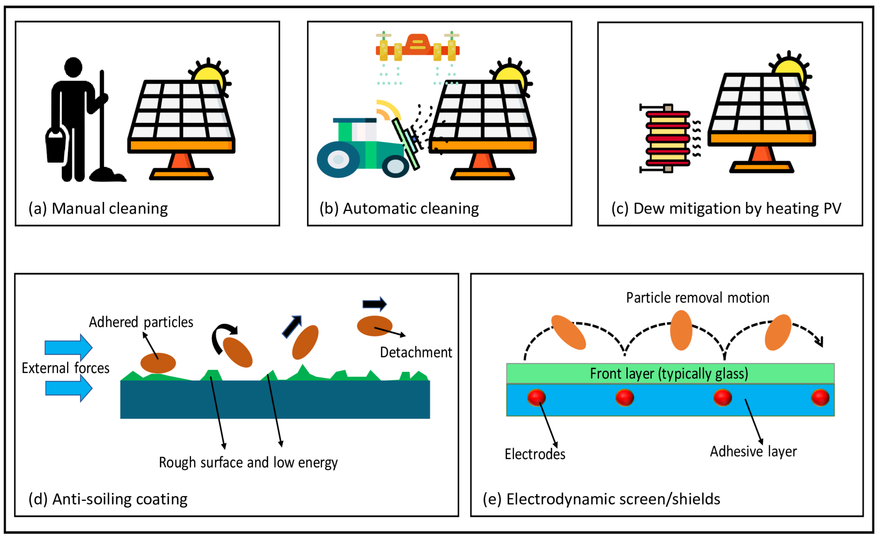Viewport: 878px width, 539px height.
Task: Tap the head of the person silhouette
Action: coord(73,67)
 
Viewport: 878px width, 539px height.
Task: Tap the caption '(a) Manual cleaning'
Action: coord(98,209)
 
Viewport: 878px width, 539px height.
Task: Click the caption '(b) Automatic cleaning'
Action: coord(399,209)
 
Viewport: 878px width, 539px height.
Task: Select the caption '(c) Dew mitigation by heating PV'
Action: coord(726,209)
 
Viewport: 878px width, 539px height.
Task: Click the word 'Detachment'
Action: coord(416,353)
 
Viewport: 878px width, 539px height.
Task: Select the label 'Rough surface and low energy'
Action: coord(248,463)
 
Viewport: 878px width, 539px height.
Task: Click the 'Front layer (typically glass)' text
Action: coord(669,374)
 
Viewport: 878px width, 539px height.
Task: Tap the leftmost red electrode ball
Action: coord(536,397)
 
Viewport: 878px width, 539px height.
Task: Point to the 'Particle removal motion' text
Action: coord(697,298)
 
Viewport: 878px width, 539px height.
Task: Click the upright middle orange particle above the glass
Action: coord(681,330)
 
